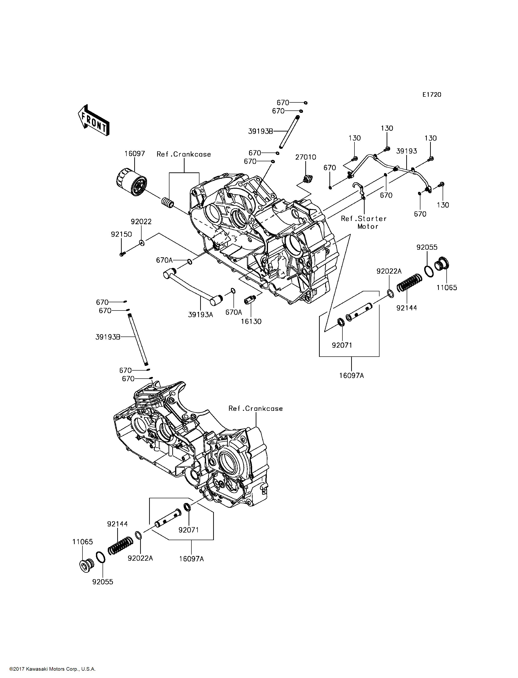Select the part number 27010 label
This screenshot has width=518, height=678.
[x=306, y=157]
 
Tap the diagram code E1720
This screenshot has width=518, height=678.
[x=432, y=94]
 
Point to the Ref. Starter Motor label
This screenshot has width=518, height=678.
[x=364, y=222]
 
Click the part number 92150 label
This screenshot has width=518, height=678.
[x=121, y=234]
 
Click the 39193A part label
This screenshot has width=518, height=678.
[x=200, y=315]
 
